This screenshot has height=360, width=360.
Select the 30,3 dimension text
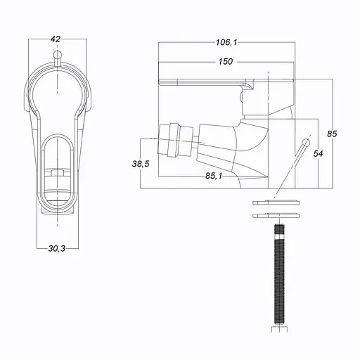(57, 249)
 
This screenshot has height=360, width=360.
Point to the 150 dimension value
(225, 62)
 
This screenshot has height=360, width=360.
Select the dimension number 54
(318, 153)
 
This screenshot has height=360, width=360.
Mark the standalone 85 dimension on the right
(333, 133)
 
